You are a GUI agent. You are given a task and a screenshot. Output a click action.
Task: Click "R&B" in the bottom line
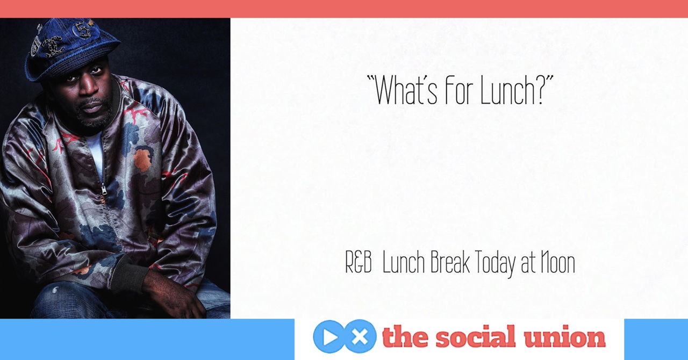(359, 262)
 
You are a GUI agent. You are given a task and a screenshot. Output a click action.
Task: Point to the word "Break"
(450, 262)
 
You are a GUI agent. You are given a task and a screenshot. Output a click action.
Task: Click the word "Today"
(495, 264)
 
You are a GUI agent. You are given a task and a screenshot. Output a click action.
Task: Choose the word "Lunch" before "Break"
(404, 262)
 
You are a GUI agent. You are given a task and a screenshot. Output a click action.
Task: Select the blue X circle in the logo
(360, 337)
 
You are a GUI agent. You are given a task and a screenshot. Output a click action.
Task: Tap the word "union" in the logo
(564, 337)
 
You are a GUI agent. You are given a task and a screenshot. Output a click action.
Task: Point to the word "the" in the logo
(405, 337)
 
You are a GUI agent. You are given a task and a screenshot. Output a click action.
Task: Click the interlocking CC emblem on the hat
(52, 46)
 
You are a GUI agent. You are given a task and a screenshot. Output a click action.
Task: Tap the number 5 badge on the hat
(83, 30)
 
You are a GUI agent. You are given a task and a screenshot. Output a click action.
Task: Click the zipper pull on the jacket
(104, 189)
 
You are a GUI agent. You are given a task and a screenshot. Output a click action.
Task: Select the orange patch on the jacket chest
(142, 160)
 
